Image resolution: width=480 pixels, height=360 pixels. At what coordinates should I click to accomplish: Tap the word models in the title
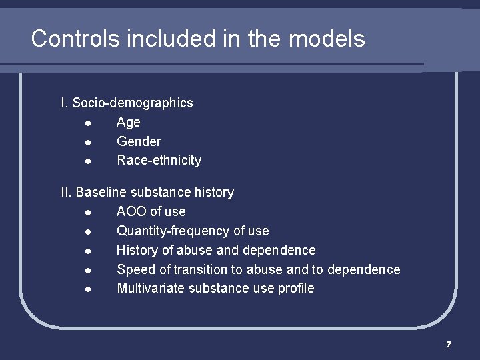(327, 39)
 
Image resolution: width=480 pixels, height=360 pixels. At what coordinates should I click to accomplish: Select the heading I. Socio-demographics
(127, 103)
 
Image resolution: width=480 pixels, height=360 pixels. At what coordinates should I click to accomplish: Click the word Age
(129, 122)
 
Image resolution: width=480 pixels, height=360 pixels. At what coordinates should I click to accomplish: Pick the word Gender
(139, 141)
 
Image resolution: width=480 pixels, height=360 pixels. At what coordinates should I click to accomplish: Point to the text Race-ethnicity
(159, 161)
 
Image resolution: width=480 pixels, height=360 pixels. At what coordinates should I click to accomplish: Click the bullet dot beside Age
(89, 123)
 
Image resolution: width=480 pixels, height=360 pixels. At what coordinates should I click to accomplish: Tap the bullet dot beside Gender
(89, 142)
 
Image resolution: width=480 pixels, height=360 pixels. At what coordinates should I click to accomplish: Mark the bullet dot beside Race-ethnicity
(89, 161)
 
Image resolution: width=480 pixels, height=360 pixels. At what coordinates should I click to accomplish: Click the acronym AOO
(131, 212)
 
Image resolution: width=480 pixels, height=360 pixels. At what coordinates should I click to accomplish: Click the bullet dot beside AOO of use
(89, 213)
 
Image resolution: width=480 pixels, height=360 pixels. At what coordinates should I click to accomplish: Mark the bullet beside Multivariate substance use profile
(89, 289)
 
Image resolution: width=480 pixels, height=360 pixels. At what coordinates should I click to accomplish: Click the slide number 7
(449, 344)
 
